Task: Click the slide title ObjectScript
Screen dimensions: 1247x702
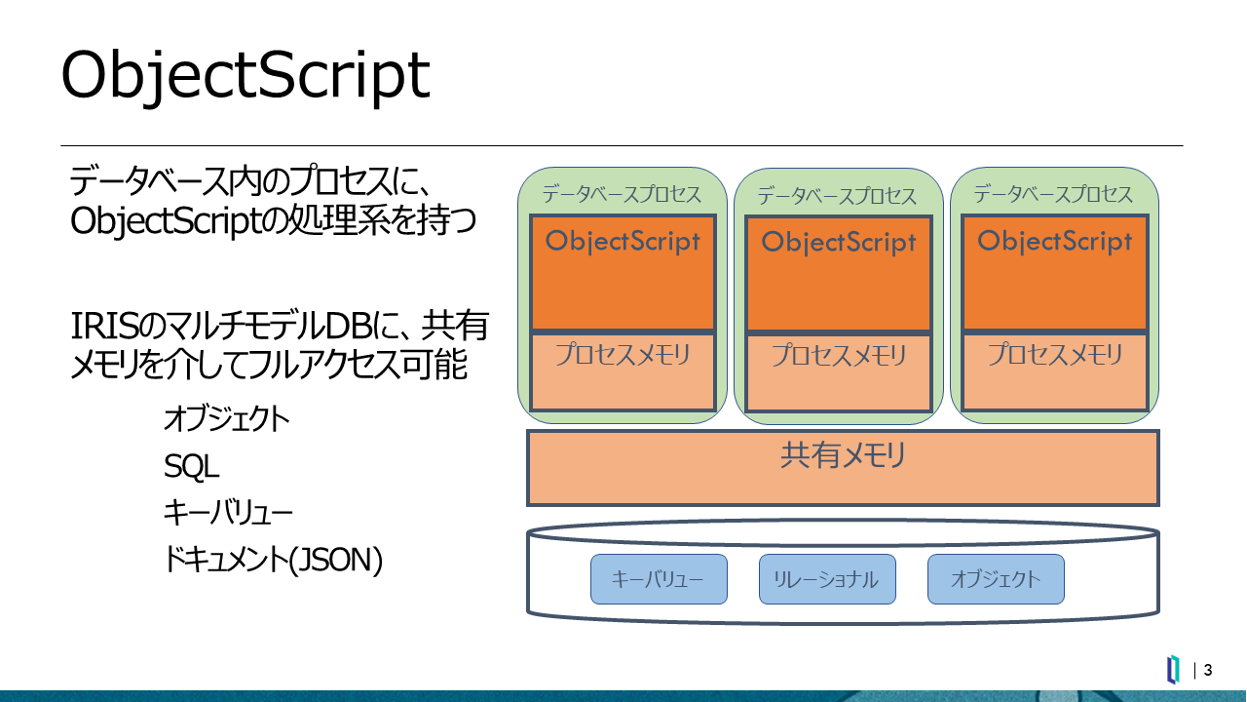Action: click(246, 76)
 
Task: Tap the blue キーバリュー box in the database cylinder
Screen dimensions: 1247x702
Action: click(659, 579)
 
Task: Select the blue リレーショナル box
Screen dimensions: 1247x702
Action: click(827, 579)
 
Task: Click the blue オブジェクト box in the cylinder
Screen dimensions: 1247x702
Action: click(996, 579)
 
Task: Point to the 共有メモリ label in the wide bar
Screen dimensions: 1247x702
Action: click(843, 455)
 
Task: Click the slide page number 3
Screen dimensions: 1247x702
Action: click(1207, 670)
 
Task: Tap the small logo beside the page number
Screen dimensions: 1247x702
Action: click(1173, 669)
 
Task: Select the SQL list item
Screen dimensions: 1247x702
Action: click(191, 466)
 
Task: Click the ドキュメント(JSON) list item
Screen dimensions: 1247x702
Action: click(273, 560)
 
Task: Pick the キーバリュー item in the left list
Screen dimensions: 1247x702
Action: click(228, 513)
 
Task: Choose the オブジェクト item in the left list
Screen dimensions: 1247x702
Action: click(227, 419)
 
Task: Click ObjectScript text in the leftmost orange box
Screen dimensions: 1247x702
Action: click(623, 242)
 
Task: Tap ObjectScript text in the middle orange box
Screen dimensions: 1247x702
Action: click(839, 243)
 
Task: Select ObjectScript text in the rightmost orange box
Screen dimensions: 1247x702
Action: click(1054, 242)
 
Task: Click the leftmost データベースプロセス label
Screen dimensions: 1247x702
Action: click(622, 194)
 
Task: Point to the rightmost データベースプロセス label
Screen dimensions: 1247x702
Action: click(1053, 194)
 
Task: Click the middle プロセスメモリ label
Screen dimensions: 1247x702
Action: click(839, 355)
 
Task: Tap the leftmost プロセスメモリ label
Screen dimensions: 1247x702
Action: click(623, 354)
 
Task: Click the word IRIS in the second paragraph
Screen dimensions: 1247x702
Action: click(104, 326)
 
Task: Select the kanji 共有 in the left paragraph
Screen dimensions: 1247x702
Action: click(455, 326)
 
